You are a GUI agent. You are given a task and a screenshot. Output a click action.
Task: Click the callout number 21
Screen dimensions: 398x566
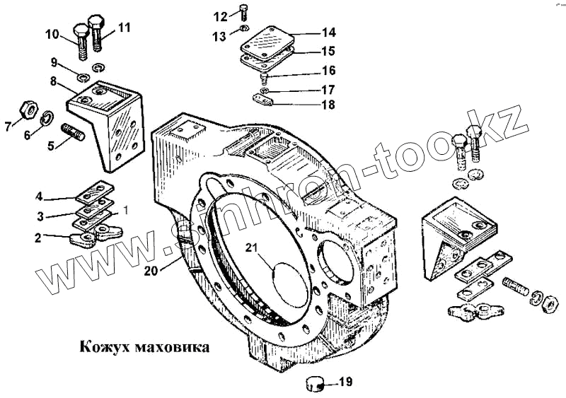(x=253, y=247)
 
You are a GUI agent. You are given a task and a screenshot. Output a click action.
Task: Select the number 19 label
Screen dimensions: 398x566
(x=345, y=382)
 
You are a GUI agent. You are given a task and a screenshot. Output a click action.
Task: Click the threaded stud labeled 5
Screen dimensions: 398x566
(x=71, y=133)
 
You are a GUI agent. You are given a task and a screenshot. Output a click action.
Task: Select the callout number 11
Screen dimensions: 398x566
(x=125, y=28)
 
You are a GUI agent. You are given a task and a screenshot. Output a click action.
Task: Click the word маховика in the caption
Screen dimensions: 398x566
(x=170, y=348)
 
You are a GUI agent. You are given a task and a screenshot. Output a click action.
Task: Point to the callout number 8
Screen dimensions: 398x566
(x=53, y=81)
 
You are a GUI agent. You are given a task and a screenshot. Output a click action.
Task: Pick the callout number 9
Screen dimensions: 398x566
(x=54, y=63)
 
